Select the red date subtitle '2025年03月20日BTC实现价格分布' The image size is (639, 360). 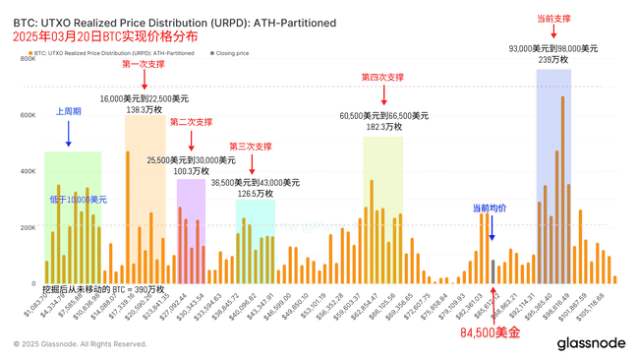104,36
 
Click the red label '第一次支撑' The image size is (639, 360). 144,64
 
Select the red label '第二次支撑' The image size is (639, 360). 191,122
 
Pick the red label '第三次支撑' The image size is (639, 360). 250,147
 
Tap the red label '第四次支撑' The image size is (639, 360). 383,77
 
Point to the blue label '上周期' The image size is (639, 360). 68,112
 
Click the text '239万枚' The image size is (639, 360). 552,60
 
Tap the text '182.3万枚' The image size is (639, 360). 383,127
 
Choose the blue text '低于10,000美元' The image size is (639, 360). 79,199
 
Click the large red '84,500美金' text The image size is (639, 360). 491,333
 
